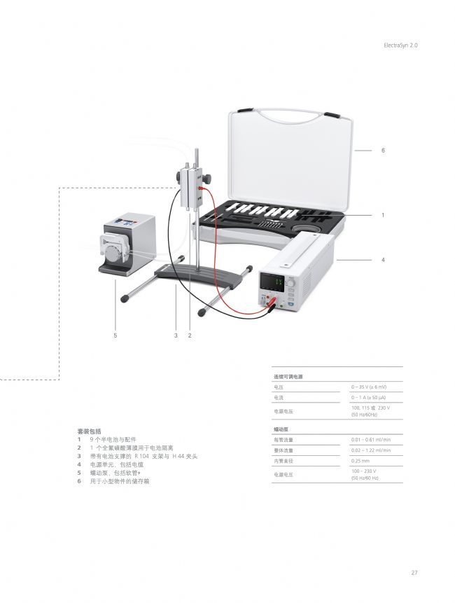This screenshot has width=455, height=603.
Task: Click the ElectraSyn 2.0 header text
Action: pyautogui.click(x=400, y=45)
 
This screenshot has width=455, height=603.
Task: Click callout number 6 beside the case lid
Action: pyautogui.click(x=383, y=151)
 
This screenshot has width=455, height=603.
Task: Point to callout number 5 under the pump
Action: pyautogui.click(x=115, y=336)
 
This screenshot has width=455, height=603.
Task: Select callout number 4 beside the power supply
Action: pyautogui.click(x=383, y=260)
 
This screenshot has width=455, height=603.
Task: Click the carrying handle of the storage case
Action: pyautogui.click(x=287, y=113)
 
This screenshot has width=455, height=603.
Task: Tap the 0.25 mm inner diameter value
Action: pyautogui.click(x=360, y=461)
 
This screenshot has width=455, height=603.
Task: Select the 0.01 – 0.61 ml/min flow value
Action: pyautogui.click(x=370, y=439)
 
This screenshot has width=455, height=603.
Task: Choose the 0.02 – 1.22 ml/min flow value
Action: pyautogui.click(x=370, y=450)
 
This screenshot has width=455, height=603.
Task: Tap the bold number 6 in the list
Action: pyautogui.click(x=79, y=481)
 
